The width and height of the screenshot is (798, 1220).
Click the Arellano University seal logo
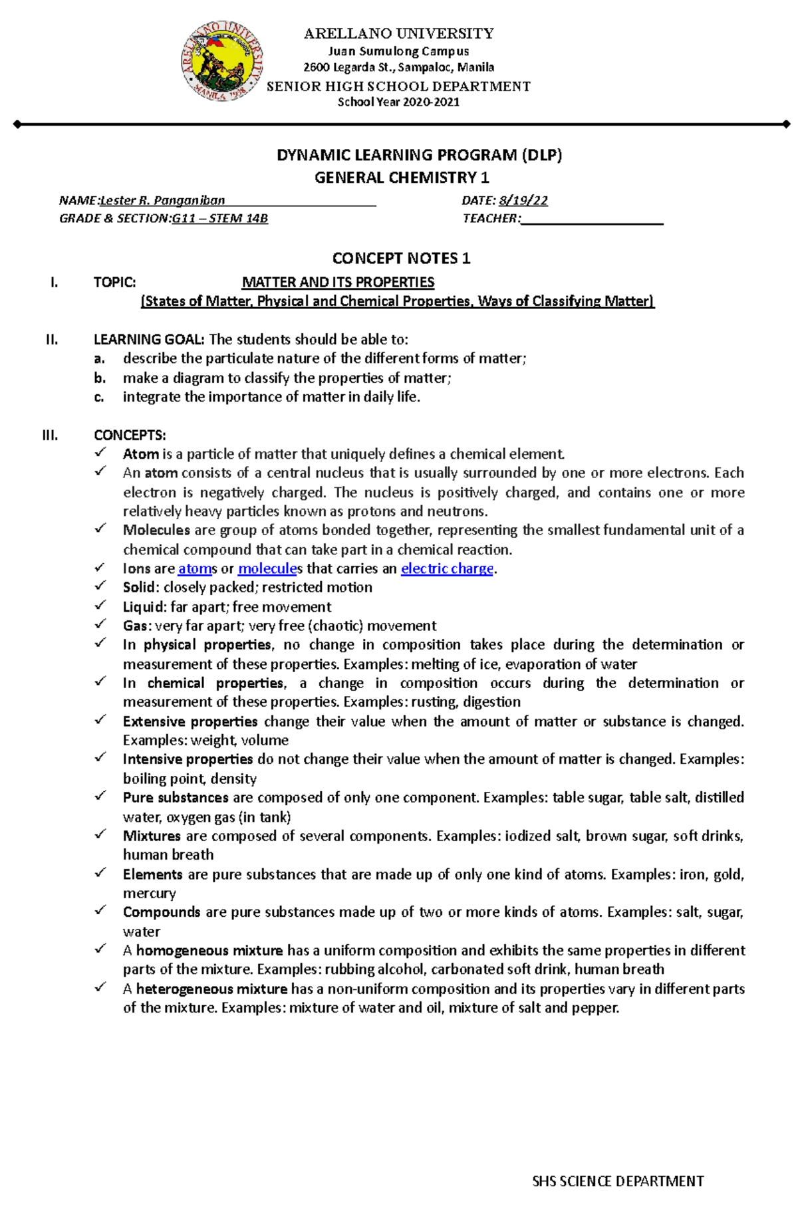coord(222,61)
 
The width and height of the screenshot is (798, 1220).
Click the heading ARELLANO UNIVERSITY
coord(398,33)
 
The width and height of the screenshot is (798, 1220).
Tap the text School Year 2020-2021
coord(398,102)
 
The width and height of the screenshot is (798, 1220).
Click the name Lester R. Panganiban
coord(162,200)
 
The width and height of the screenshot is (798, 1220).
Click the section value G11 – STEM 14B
coord(219,218)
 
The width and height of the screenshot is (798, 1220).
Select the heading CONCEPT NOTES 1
coord(401,258)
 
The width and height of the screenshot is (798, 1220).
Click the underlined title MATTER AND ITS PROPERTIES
coord(338,282)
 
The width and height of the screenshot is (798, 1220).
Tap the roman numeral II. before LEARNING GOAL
coord(52,339)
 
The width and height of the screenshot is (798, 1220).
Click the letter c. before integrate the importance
coord(99,397)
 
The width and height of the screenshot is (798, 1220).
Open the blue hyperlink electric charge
coord(447,568)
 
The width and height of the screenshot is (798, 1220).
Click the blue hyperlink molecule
coord(267,568)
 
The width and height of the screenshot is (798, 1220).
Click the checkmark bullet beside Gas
coord(100,624)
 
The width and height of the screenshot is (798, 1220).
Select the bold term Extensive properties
coord(190,721)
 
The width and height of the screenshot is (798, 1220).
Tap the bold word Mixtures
coord(152,836)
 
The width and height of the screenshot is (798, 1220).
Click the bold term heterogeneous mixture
coord(211,989)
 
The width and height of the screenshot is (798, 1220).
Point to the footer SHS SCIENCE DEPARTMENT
coord(618,1181)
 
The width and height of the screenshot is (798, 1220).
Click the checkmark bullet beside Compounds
coord(100,911)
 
